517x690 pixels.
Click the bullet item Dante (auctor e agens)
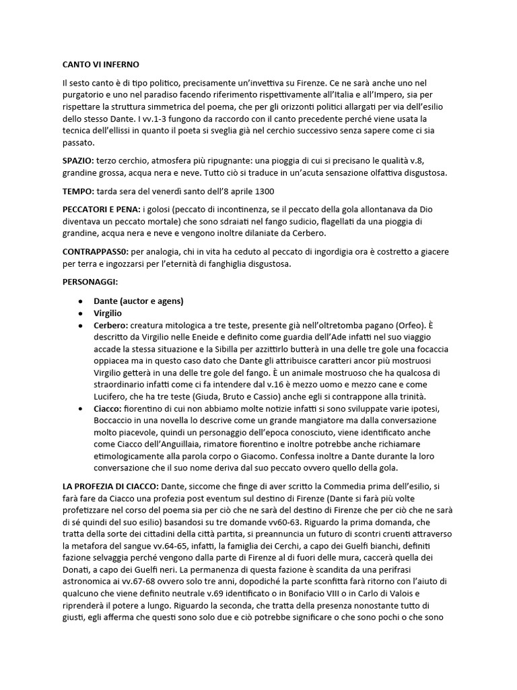[139, 301]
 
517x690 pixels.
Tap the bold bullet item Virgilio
[109, 313]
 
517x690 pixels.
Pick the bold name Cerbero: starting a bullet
[113, 325]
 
